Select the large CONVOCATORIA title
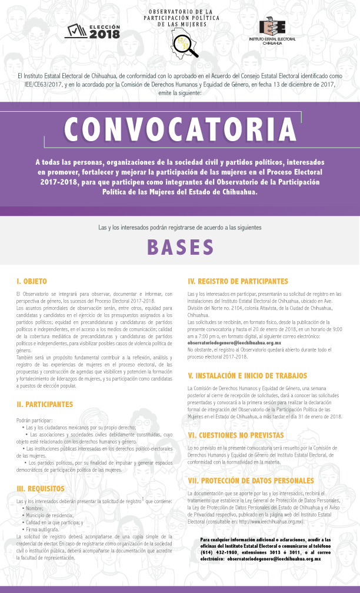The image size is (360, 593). pyautogui.click(x=180, y=128)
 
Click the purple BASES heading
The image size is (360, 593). pyautogui.click(x=180, y=248)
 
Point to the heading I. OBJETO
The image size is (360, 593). pyautogui.click(x=32, y=282)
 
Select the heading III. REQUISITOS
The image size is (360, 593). pyautogui.click(x=41, y=489)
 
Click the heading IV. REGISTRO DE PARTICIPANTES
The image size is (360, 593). pyautogui.click(x=238, y=282)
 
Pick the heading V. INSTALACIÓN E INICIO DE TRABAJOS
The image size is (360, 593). pyautogui.click(x=247, y=375)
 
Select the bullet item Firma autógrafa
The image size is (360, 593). pyautogui.click(x=42, y=529)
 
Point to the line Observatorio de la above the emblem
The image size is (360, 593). pyautogui.click(x=180, y=11)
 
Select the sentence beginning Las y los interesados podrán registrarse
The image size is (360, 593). pyautogui.click(x=180, y=226)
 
